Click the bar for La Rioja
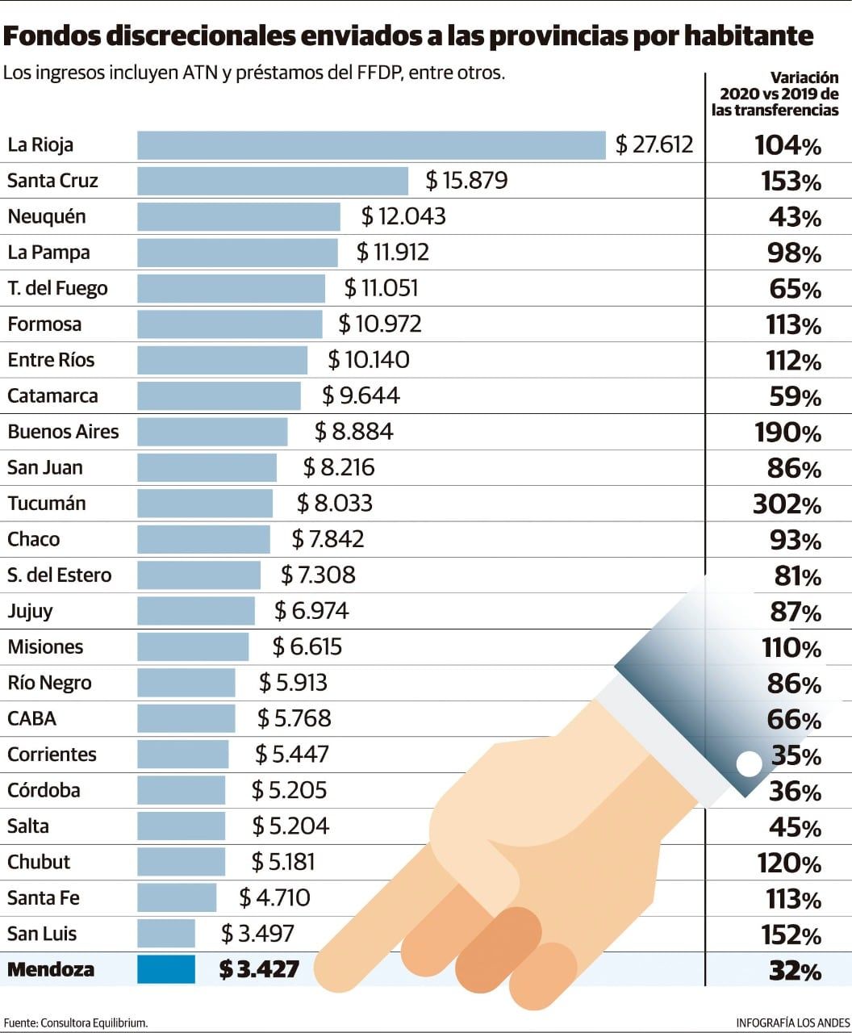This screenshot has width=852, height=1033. pyautogui.click(x=371, y=145)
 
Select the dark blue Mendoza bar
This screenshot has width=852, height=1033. pyautogui.click(x=166, y=969)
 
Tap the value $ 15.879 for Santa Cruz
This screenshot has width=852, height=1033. pyautogui.click(x=467, y=180)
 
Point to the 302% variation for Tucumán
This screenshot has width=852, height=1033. pyautogui.click(x=787, y=504)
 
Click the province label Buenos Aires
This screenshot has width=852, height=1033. pyautogui.click(x=63, y=432)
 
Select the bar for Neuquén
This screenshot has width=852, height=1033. pyautogui.click(x=239, y=216)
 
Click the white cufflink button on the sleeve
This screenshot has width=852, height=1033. pyautogui.click(x=749, y=763)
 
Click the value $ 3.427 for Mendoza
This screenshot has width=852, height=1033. pyautogui.click(x=259, y=969)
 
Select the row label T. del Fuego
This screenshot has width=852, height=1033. pyautogui.click(x=57, y=288)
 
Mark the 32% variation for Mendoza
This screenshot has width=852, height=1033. pyautogui.click(x=795, y=970)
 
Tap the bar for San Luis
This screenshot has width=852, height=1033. pyautogui.click(x=166, y=934)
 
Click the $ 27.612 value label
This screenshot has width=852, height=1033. pyautogui.click(x=654, y=145)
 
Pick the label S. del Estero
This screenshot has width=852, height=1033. pyautogui.click(x=60, y=575)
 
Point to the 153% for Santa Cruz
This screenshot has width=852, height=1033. pyautogui.click(x=791, y=182)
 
